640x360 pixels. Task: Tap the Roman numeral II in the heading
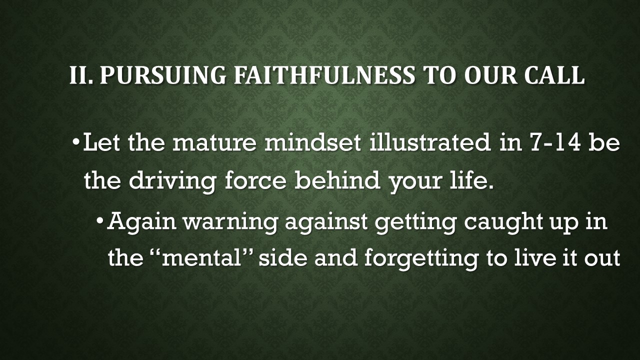point(81,74)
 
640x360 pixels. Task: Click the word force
point(255,180)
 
